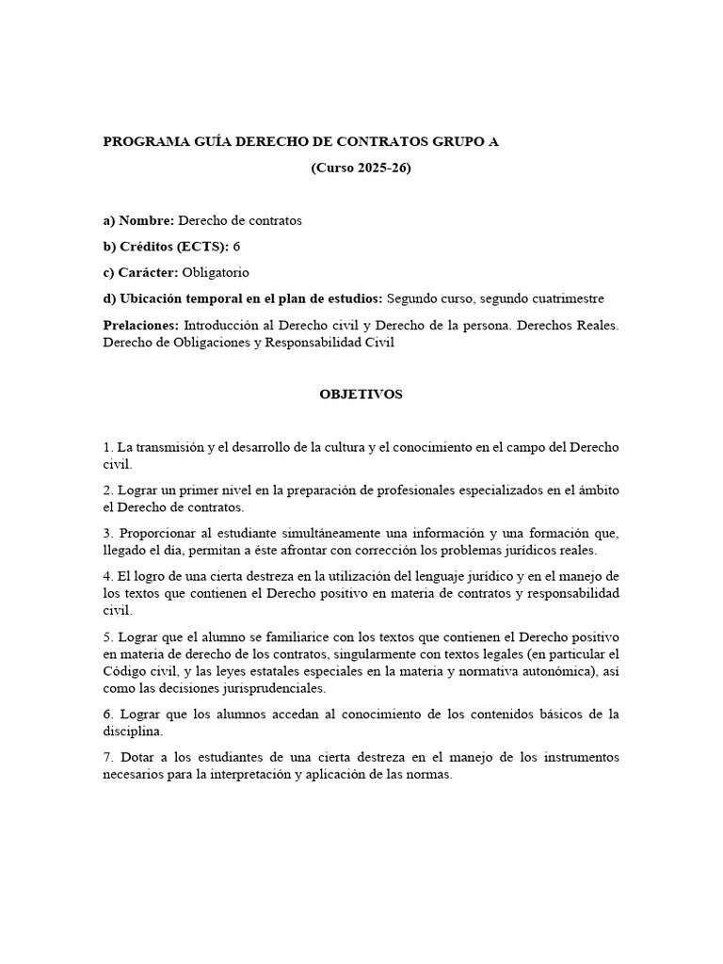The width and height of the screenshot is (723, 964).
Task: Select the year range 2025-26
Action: [383, 169]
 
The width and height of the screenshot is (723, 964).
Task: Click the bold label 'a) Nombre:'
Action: [138, 220]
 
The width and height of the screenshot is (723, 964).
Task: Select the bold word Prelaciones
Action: [140, 325]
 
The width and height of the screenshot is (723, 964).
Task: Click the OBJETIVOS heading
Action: [361, 394]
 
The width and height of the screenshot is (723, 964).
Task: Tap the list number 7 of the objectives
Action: [106, 758]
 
